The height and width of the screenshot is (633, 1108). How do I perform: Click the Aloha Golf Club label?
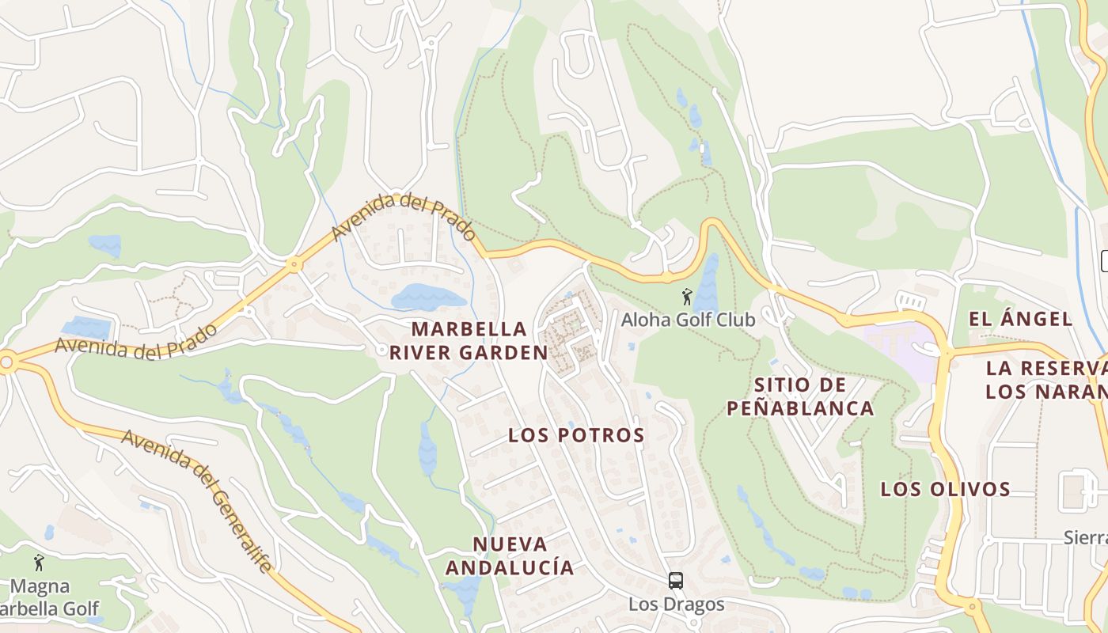click(688, 320)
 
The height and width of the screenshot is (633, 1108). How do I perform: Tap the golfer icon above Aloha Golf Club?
click(687, 298)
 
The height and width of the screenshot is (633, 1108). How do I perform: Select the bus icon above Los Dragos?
click(676, 581)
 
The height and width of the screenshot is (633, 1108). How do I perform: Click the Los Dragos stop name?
click(676, 605)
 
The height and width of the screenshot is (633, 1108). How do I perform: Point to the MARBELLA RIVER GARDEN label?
click(469, 340)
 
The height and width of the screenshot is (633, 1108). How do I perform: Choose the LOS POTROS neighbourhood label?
click(576, 434)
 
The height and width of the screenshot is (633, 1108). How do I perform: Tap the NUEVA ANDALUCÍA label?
click(510, 555)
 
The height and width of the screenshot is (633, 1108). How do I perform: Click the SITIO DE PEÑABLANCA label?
click(800, 396)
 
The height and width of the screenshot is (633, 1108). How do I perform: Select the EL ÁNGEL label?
click(1021, 319)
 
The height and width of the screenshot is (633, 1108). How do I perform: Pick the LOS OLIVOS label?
click(946, 489)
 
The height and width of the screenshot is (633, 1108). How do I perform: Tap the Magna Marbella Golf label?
click(47, 597)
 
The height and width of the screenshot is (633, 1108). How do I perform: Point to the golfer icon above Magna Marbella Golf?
click(39, 563)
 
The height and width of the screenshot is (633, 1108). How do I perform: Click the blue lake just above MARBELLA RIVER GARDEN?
click(428, 298)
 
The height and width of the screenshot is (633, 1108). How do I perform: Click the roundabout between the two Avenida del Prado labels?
click(294, 265)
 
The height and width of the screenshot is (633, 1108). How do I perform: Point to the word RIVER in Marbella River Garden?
click(427, 353)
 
